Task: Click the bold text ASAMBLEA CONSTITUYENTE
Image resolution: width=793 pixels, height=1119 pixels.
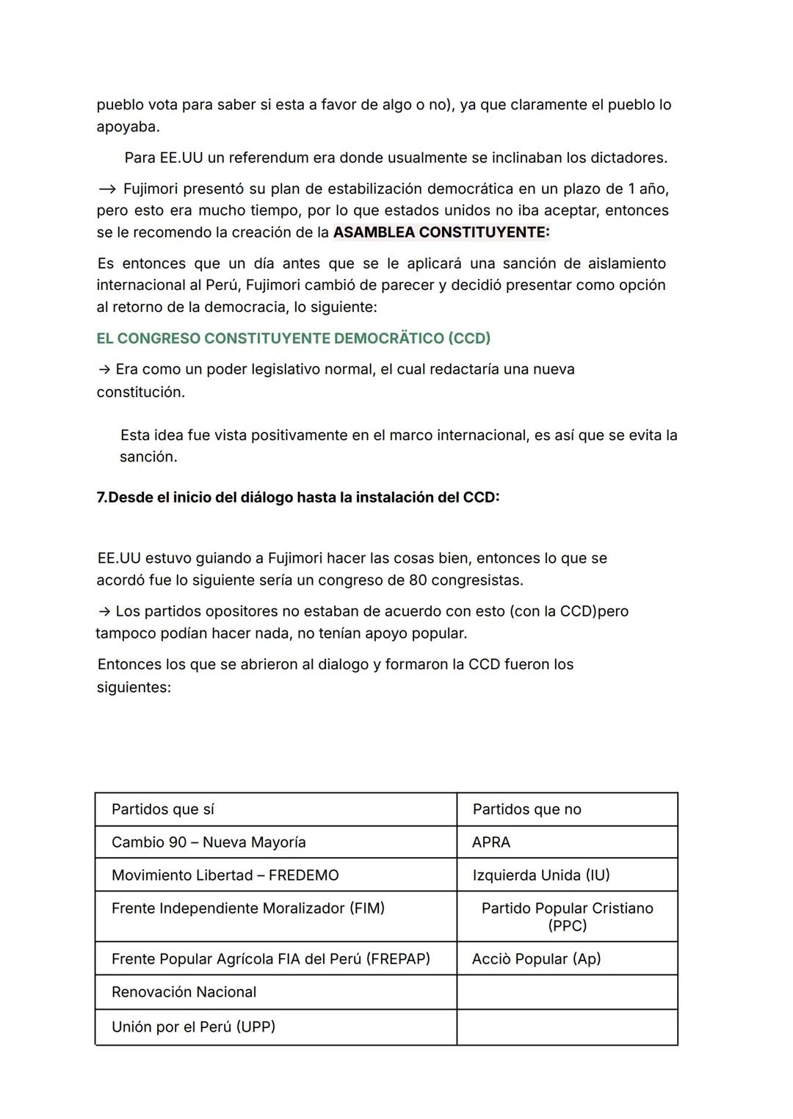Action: click(441, 233)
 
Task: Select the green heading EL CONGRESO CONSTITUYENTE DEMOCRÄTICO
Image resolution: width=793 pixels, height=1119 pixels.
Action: click(293, 338)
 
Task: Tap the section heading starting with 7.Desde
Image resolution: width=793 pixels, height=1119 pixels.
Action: click(297, 497)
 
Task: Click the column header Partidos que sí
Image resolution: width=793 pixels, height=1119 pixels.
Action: click(163, 809)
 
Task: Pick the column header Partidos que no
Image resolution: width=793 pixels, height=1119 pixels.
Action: click(526, 809)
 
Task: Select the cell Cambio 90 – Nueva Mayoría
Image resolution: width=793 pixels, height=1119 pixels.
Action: click(209, 842)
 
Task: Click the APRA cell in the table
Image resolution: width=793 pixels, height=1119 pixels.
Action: click(491, 842)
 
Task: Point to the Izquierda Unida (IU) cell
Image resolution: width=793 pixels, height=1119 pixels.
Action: click(541, 875)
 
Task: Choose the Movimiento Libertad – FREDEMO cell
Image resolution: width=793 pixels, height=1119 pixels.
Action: click(225, 875)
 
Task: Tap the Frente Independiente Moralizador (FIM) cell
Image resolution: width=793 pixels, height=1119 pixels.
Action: click(248, 908)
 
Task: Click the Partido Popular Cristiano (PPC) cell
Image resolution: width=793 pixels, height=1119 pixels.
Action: click(567, 916)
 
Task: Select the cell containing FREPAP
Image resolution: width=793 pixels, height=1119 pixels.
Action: click(271, 959)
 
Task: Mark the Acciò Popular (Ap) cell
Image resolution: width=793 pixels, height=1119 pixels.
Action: click(536, 959)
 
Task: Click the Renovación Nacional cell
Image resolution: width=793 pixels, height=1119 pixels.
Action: click(184, 992)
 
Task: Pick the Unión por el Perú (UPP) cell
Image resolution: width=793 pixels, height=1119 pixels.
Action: click(193, 1027)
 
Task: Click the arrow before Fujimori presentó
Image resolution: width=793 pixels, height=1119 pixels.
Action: click(106, 189)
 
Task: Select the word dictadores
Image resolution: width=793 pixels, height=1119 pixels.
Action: click(629, 158)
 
